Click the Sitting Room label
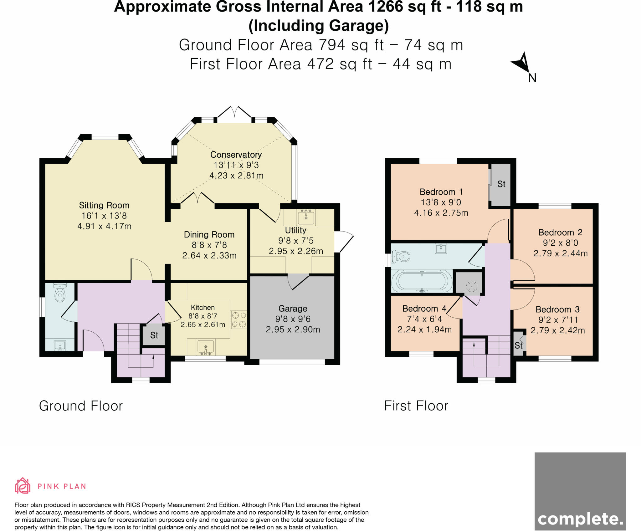(x=104, y=205)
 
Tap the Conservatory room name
(x=236, y=155)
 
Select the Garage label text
(x=293, y=309)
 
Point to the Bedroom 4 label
(x=424, y=309)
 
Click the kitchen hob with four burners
(x=239, y=320)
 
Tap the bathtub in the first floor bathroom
(x=422, y=281)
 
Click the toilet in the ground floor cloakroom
(x=59, y=293)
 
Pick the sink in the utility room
(x=306, y=217)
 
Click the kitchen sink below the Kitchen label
(x=206, y=347)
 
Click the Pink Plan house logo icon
(x=23, y=485)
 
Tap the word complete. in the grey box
(x=580, y=519)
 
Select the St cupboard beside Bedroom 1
(x=500, y=185)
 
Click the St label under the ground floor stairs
(x=154, y=335)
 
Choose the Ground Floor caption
(x=81, y=406)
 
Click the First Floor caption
(x=416, y=406)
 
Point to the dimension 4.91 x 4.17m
(x=104, y=226)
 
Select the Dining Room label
(x=209, y=235)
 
